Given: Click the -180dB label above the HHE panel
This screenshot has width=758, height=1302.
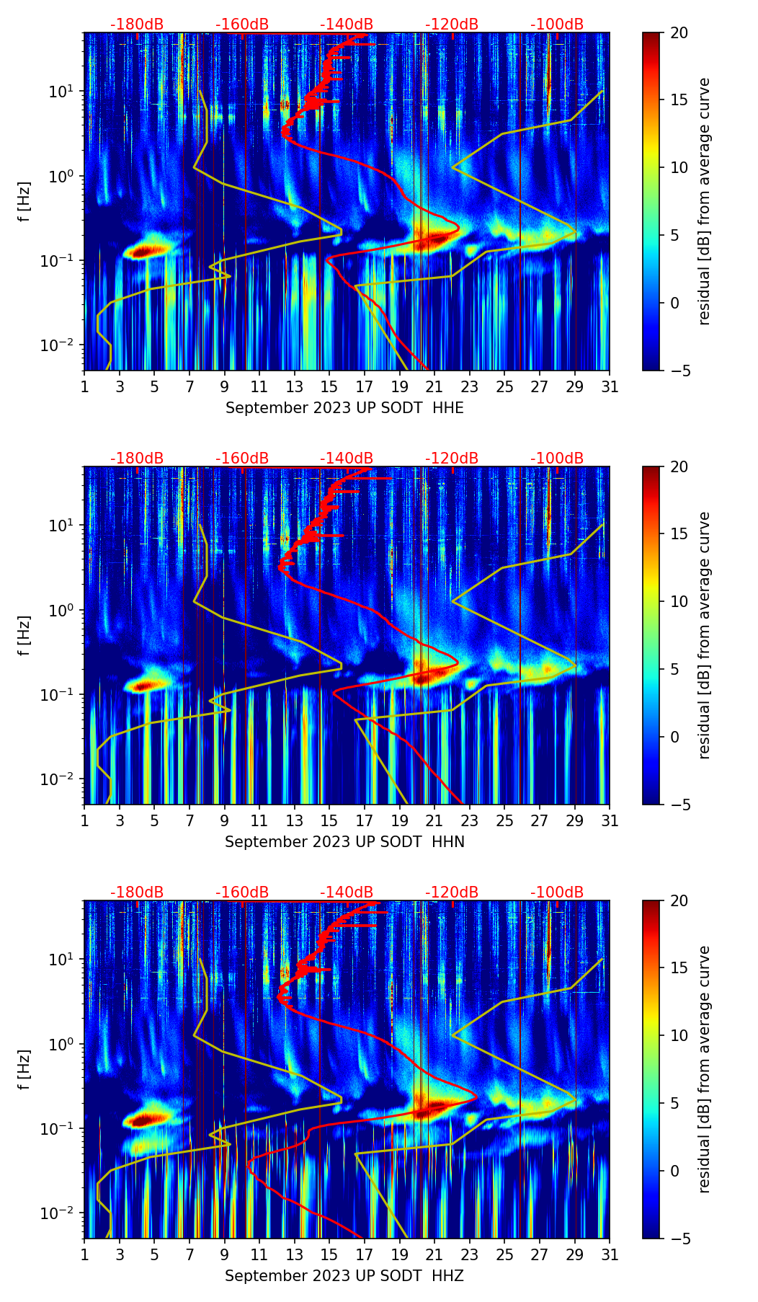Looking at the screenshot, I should [x=137, y=25].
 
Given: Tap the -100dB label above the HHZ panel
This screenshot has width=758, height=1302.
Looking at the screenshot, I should [x=557, y=892].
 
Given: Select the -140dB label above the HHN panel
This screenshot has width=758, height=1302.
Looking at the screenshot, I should [x=347, y=459].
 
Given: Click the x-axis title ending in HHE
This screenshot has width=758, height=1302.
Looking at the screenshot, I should [x=344, y=408].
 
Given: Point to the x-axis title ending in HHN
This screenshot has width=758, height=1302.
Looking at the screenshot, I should [x=344, y=842].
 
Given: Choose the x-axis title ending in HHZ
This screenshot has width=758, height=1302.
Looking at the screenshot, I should [x=344, y=1276].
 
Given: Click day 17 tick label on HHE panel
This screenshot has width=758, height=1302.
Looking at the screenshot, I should [x=365, y=387].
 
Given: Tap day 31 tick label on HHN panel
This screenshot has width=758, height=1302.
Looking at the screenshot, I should [x=610, y=821].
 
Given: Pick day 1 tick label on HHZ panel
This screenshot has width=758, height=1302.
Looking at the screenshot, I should [x=85, y=1255].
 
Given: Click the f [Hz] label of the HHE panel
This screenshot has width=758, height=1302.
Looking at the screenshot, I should [x=24, y=202].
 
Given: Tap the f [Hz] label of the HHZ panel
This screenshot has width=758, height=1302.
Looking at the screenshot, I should [x=24, y=1070].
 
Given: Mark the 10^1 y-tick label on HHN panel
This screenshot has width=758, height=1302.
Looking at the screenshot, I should [x=61, y=525].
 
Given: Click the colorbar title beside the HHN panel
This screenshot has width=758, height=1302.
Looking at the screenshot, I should [x=704, y=635].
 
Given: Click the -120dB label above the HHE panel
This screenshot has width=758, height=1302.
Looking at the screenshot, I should [x=452, y=25].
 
